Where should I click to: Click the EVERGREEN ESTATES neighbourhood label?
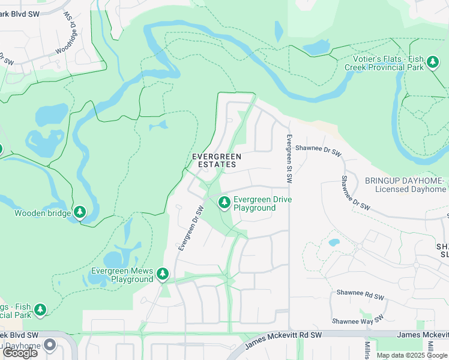(x=216, y=160)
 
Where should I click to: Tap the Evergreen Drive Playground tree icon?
(x=224, y=203)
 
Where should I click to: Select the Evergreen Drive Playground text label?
(x=254, y=203)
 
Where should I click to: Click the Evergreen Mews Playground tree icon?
(x=163, y=274)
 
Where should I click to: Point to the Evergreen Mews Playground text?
(x=122, y=275)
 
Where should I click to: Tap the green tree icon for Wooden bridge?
(x=80, y=212)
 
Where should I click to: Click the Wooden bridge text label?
(x=41, y=212)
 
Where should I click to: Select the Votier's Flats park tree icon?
(x=432, y=62)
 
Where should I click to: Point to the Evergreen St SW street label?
(x=289, y=159)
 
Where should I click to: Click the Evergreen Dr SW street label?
(x=191, y=227)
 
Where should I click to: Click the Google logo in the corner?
(x=20, y=353)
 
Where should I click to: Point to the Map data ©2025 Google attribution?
(x=412, y=355)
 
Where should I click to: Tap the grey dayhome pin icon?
(x=49, y=346)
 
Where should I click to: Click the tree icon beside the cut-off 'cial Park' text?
(x=40, y=310)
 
